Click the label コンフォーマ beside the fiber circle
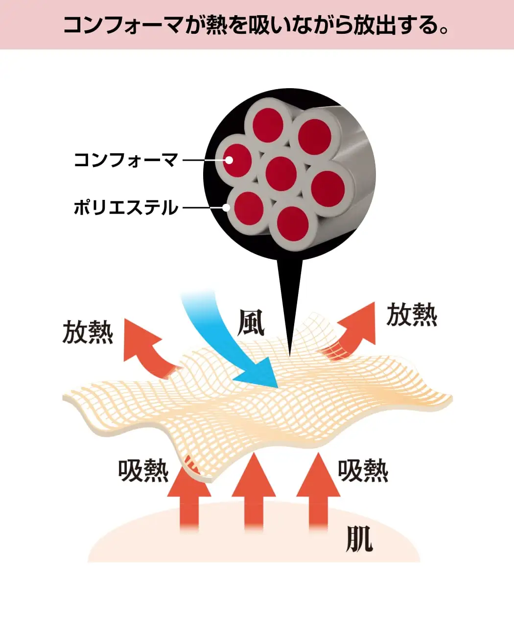(x=125, y=160)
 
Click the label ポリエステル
(x=126, y=208)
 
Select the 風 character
(x=251, y=323)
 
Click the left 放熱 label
(x=88, y=333)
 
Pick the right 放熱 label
(x=412, y=314)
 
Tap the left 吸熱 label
(x=143, y=471)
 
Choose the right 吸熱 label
(x=363, y=471)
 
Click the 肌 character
(x=359, y=539)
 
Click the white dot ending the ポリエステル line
(x=226, y=207)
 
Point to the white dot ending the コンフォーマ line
(x=229, y=159)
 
